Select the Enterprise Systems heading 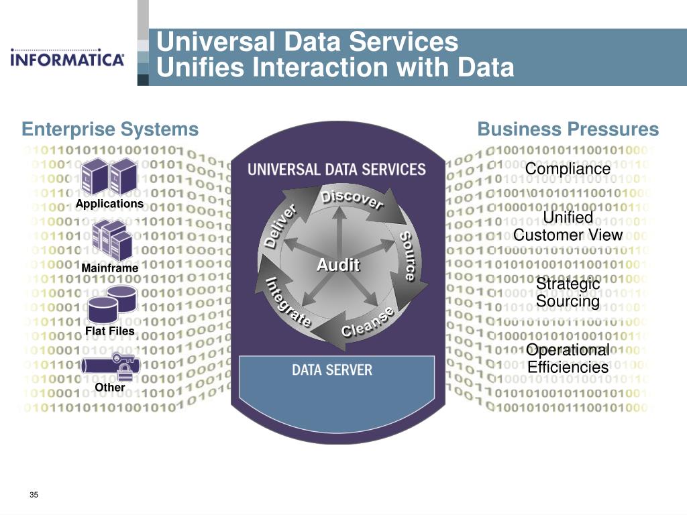click(110, 129)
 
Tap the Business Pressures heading click(568, 129)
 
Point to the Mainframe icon click(110, 240)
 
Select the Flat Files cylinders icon click(111, 303)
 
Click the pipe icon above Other click(110, 365)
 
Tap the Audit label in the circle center click(338, 265)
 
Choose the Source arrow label click(409, 255)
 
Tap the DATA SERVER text click(331, 369)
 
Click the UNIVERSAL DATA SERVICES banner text click(337, 169)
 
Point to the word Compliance click(568, 168)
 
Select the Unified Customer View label click(568, 226)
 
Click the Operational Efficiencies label click(568, 358)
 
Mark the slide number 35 click(34, 495)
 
